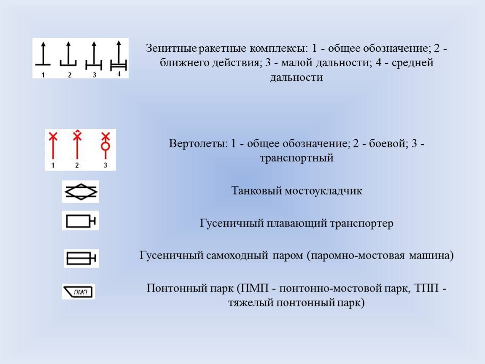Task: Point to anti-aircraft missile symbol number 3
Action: click(x=94, y=56)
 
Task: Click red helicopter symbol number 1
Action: click(x=53, y=145)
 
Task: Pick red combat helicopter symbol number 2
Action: click(x=77, y=145)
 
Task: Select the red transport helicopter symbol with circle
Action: click(x=105, y=145)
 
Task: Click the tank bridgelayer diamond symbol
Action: click(x=81, y=192)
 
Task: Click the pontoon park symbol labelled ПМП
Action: click(x=78, y=292)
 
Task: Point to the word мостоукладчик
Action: click(x=323, y=191)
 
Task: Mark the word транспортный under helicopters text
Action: click(x=296, y=158)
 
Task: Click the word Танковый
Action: click(x=256, y=191)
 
